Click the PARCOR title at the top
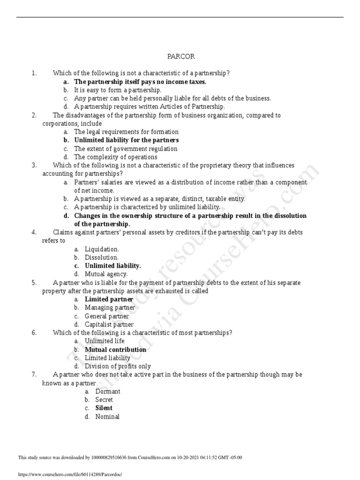click(181, 57)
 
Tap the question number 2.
click(34, 115)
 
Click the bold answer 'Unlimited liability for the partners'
click(126, 140)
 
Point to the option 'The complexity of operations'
click(115, 157)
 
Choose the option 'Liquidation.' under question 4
click(102, 249)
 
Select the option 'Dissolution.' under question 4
click(102, 257)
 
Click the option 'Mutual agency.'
click(106, 274)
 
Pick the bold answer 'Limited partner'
click(109, 299)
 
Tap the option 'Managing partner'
click(110, 307)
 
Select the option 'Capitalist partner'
click(109, 324)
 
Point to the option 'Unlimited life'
click(105, 341)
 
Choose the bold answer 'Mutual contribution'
click(115, 350)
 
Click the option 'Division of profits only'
click(118, 366)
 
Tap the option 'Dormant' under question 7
click(108, 391)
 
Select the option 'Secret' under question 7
click(104, 400)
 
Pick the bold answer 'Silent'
click(104, 408)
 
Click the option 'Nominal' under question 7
click(107, 417)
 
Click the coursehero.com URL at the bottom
click(69, 474)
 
